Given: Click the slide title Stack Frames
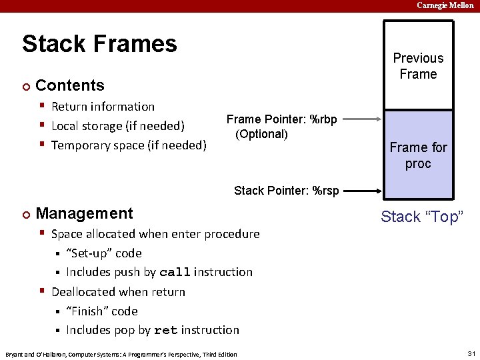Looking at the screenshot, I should click(x=99, y=44).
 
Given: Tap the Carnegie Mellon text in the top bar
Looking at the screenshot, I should click(x=445, y=5).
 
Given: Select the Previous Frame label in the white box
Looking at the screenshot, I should click(x=418, y=66).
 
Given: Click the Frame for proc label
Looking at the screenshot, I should click(x=418, y=155).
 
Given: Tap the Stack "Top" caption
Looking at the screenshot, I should click(x=421, y=217).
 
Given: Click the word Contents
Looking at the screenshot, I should click(x=69, y=85).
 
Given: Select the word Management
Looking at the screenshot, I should click(x=84, y=213).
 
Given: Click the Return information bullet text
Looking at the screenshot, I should click(x=103, y=107).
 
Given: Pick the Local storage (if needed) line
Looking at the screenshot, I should click(x=117, y=126).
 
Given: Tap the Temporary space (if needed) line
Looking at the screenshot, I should click(x=129, y=145).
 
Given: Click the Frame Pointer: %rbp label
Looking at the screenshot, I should click(x=281, y=119).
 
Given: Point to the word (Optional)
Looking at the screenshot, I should click(x=261, y=134).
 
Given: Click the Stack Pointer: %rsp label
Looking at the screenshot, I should click(x=286, y=191).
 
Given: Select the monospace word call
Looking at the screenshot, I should click(x=175, y=272).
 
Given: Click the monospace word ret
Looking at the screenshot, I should click(x=165, y=330).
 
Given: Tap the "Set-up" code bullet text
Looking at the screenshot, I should click(x=103, y=253).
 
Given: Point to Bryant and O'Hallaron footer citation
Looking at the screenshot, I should click(x=121, y=354).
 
